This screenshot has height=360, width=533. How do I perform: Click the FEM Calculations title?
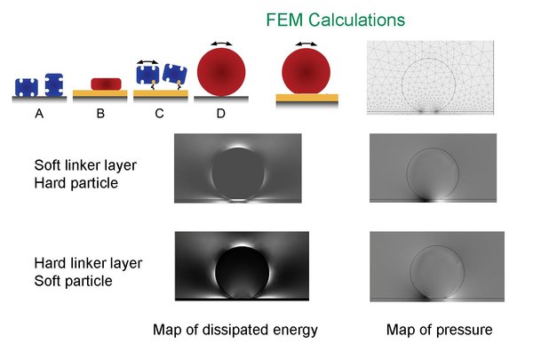335,20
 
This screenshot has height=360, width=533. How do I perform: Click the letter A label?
39,113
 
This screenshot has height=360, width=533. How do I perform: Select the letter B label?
100,113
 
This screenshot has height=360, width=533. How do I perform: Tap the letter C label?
159,113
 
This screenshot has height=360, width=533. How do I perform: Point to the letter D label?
220,113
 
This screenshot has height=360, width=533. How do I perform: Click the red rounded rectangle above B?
106,84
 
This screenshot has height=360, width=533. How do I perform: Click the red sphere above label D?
221,72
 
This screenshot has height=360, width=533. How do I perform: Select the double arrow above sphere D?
221,44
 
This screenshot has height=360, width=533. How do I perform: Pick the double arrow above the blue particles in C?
147,62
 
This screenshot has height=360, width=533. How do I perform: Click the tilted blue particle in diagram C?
175,75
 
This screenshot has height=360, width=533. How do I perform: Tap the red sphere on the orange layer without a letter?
306,71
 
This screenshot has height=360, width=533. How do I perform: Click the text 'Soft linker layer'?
85,165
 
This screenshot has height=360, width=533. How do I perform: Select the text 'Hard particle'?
76,183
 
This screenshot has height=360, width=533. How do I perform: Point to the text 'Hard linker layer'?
88,263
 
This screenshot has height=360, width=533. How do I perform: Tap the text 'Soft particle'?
74,281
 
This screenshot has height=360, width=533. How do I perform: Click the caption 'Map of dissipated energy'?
235,330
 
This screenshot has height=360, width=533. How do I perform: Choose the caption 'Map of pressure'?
439,330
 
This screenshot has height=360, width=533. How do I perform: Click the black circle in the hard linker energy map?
242,272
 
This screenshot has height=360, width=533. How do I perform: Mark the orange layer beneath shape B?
100,93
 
